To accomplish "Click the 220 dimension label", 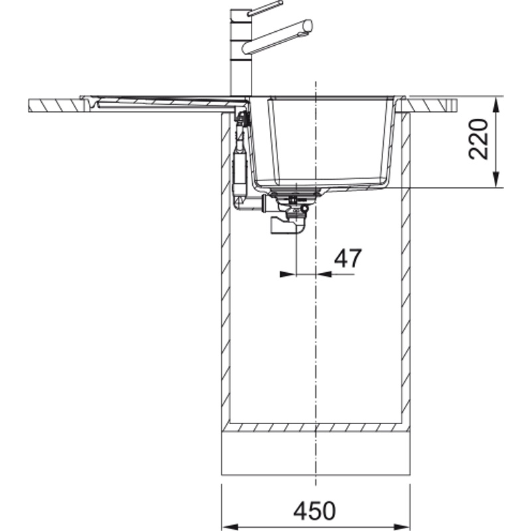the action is (478, 139).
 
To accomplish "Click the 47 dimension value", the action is (348, 258).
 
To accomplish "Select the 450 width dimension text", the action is (315, 511).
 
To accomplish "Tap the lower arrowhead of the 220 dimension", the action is (496, 179).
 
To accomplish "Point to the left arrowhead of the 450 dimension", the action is (230, 527).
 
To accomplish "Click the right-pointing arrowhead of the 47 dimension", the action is (288, 274).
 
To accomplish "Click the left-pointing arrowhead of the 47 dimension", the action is (324, 274).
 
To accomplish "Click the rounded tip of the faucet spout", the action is (308, 26).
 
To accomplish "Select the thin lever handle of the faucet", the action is (265, 8).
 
